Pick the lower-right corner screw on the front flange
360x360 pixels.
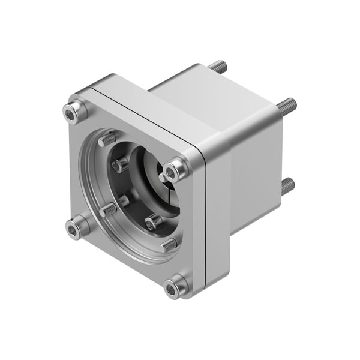tap(175, 289)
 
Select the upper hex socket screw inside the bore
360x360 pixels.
tap(121, 164)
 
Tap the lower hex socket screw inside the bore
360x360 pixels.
tap(153, 223)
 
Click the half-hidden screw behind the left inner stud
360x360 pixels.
tap(124, 200)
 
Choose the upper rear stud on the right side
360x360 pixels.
tap(285, 107)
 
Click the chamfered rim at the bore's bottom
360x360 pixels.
tap(138, 255)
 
